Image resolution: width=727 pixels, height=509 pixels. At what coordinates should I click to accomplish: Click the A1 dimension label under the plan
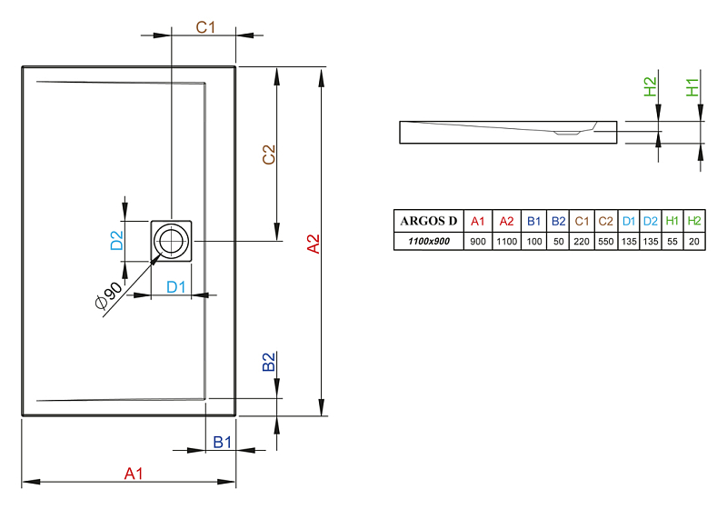pos(134,474)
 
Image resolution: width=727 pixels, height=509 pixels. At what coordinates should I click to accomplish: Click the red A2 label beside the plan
pos(314,244)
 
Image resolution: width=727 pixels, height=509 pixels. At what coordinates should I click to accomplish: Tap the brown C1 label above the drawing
pos(205,27)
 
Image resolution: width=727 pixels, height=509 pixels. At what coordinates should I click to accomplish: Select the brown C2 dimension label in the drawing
pos(269,155)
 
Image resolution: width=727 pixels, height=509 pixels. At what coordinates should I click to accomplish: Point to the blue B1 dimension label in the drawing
pos(222,443)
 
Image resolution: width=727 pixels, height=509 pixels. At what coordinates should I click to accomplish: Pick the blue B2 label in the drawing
pos(269,362)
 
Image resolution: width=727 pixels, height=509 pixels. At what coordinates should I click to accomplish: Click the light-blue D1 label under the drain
pos(175,287)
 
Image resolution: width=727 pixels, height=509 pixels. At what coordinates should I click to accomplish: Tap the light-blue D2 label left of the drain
pos(117,241)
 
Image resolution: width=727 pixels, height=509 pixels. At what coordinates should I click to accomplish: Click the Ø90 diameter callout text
pos(108,294)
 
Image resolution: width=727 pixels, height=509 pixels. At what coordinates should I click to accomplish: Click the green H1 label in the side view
pos(692,87)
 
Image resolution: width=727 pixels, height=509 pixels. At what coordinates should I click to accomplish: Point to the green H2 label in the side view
pos(650,86)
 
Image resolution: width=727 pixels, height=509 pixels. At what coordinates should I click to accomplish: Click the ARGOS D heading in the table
pos(428,221)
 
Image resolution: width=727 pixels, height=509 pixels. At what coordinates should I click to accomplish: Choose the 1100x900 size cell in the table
pos(429,241)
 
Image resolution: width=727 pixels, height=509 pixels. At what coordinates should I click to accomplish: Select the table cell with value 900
pos(478,242)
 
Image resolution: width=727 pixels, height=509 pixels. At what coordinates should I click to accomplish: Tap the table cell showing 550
pos(605,242)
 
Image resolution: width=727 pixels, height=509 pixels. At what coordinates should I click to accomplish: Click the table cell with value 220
pos(582,242)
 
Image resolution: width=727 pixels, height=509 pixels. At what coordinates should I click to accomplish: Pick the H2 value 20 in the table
pos(694,242)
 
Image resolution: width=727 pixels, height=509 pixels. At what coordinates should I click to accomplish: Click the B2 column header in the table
pos(558,221)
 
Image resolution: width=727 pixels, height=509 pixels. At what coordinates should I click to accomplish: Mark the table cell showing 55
pos(672,242)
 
